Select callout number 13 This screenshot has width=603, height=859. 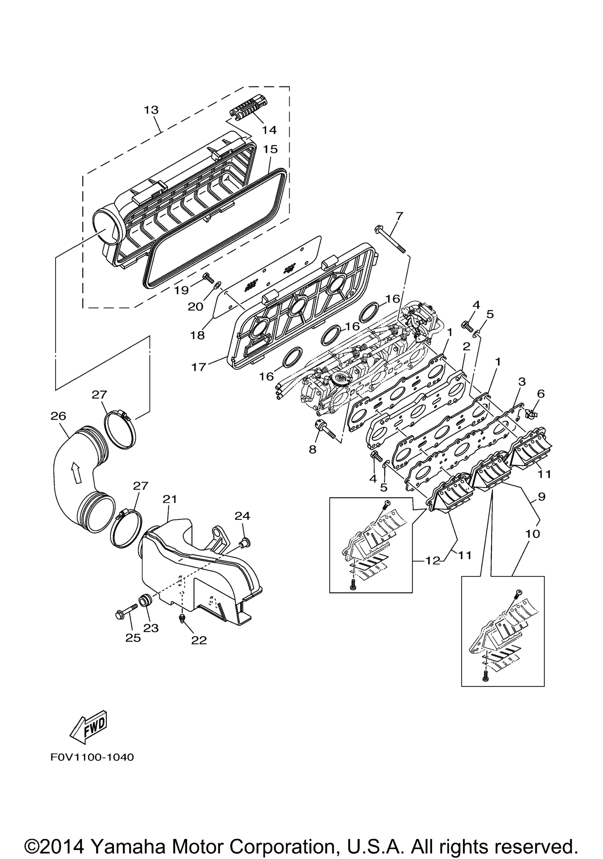(x=151, y=110)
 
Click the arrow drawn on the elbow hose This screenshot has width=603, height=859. (x=76, y=473)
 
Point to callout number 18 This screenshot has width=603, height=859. (x=197, y=335)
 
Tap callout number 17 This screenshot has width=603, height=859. (x=199, y=367)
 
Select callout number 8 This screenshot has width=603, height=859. (x=312, y=449)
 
